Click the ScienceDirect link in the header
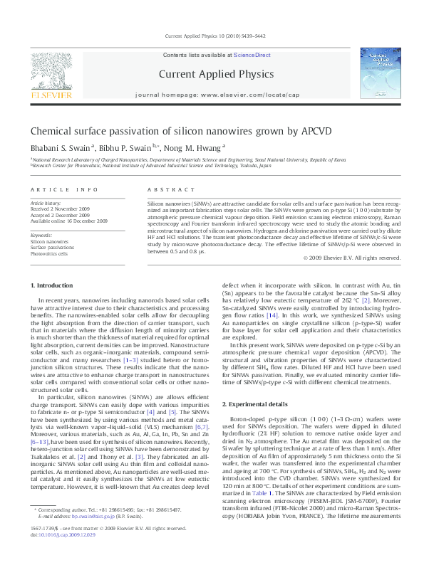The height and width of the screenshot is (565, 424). click(x=248, y=55)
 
